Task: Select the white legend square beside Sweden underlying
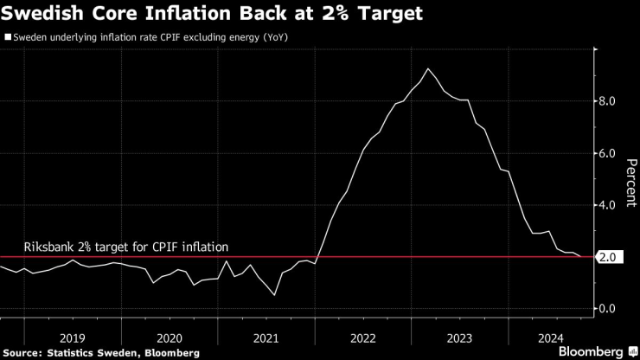[8, 37]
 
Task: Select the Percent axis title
[630, 179]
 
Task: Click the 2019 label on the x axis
[72, 338]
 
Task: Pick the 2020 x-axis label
[170, 338]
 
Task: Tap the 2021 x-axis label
[267, 338]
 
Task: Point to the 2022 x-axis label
[364, 338]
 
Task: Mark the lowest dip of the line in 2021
[274, 295]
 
